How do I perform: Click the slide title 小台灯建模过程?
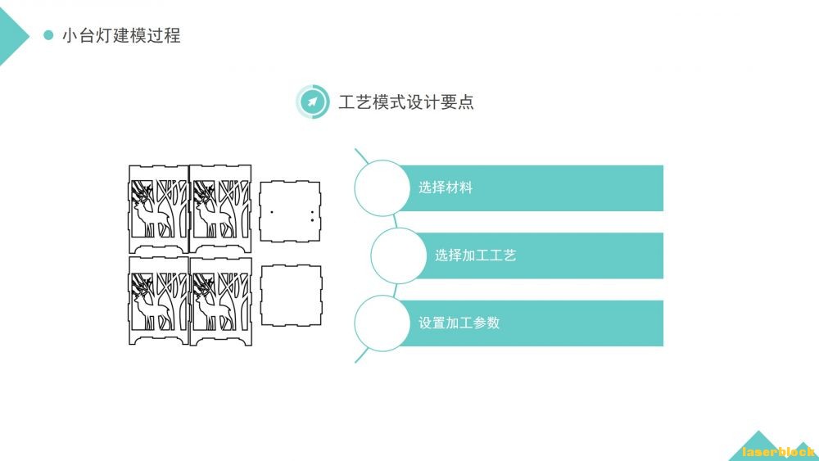[121, 35]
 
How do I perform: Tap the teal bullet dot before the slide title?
[48, 35]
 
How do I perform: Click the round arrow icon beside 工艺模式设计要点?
[312, 102]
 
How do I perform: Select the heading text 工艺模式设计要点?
[406, 102]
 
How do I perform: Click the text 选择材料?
[446, 188]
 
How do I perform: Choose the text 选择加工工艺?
[475, 255]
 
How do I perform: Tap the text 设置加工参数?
[459, 323]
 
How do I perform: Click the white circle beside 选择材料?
[382, 188]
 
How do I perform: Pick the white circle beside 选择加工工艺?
[399, 255]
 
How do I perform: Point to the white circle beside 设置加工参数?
[382, 323]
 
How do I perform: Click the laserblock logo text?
[778, 451]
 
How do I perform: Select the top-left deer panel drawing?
[159, 208]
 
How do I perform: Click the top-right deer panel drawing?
[219, 208]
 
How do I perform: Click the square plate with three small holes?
[291, 211]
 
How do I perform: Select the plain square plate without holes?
[291, 295]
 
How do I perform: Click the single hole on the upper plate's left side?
[271, 211]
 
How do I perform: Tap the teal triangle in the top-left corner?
[10, 37]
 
